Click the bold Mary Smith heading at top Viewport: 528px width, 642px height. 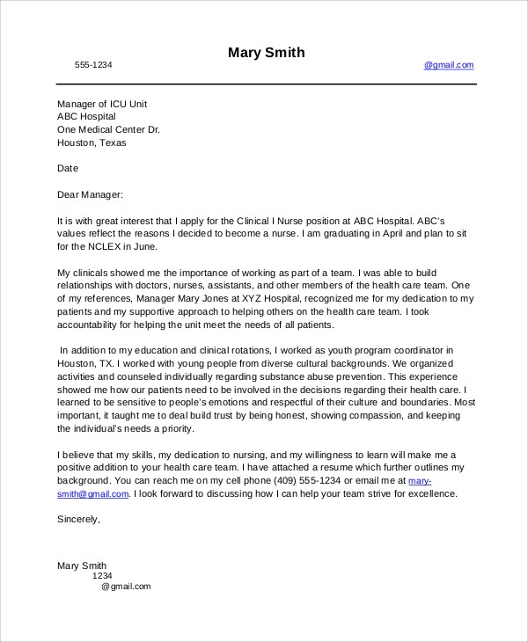point(266,53)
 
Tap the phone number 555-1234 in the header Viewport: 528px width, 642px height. point(93,65)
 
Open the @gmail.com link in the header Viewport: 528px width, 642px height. point(449,65)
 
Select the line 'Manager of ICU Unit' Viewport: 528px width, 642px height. point(102,104)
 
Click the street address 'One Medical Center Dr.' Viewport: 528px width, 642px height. point(108,129)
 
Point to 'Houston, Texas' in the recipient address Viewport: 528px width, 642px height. point(92,142)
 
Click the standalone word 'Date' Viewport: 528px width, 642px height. point(68,168)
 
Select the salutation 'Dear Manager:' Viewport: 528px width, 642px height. point(91,194)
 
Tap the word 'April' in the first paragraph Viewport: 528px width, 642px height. point(385,234)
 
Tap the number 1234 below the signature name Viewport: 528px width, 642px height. point(102,576)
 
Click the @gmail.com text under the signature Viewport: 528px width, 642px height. point(126,587)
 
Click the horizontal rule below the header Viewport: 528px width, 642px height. point(266,84)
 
